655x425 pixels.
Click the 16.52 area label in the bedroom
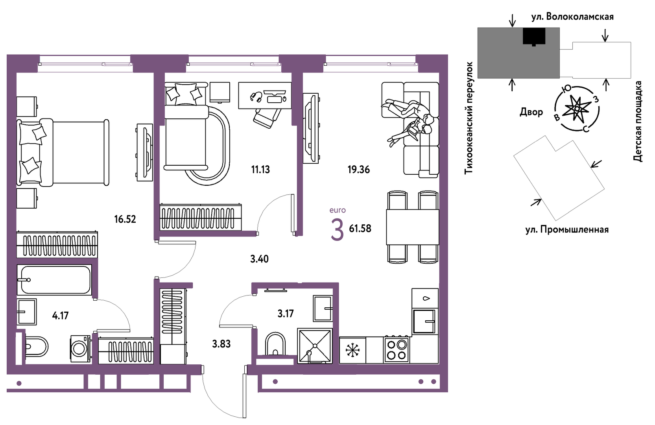(125, 219)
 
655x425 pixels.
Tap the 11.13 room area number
(260, 169)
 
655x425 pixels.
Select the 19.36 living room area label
(359, 169)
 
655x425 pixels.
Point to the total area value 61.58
(360, 228)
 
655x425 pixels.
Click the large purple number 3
(337, 230)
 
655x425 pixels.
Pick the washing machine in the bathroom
(80, 349)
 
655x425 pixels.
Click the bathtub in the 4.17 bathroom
(54, 280)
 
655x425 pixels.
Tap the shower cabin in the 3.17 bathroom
(315, 346)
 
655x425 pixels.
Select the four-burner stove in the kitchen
(397, 349)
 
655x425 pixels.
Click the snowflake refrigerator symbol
(352, 350)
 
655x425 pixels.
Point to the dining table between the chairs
(413, 227)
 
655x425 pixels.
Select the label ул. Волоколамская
(572, 17)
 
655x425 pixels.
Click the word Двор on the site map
(531, 112)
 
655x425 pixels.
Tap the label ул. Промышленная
(567, 229)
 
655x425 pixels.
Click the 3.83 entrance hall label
(221, 344)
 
